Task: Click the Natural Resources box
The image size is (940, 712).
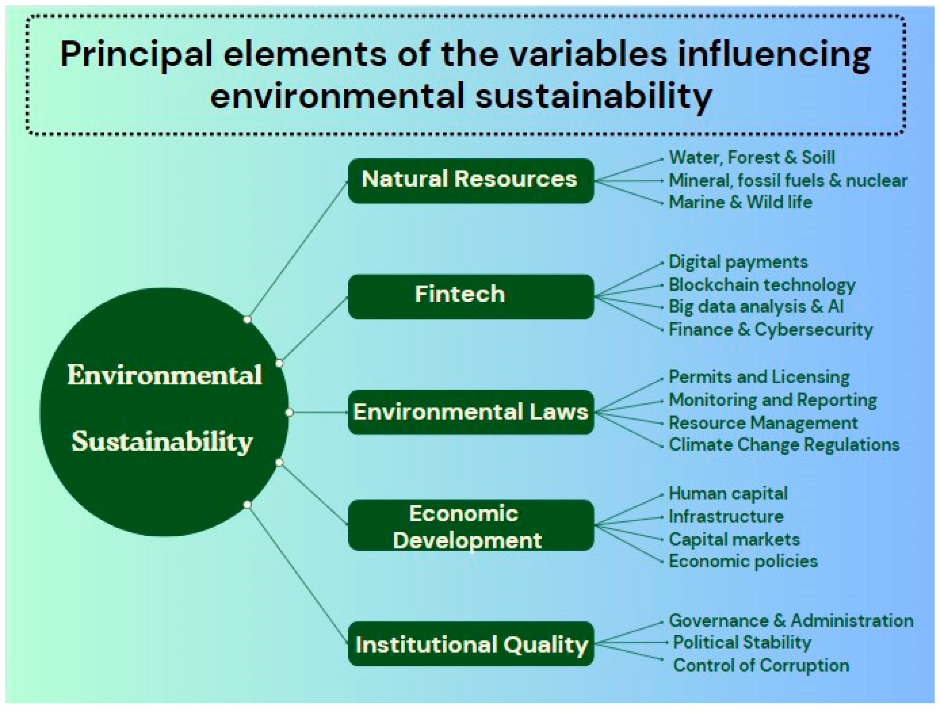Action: coord(471,181)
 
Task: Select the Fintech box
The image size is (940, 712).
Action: coord(471,296)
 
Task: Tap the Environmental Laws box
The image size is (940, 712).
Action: coord(471,412)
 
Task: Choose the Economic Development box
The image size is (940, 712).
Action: coord(471,525)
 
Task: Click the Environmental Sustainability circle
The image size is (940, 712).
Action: coord(164,412)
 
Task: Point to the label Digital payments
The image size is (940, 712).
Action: coord(738,262)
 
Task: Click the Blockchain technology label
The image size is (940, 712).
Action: coord(762,285)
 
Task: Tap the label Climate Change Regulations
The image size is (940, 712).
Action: coord(784,445)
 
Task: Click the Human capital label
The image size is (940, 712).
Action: coord(728,494)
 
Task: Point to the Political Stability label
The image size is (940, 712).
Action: coord(742,642)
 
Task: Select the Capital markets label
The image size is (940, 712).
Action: coord(734,539)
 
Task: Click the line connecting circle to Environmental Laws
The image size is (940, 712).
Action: coord(319,412)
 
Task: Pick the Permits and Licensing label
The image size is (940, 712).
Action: coord(759,377)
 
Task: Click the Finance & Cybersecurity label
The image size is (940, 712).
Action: coord(770,329)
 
